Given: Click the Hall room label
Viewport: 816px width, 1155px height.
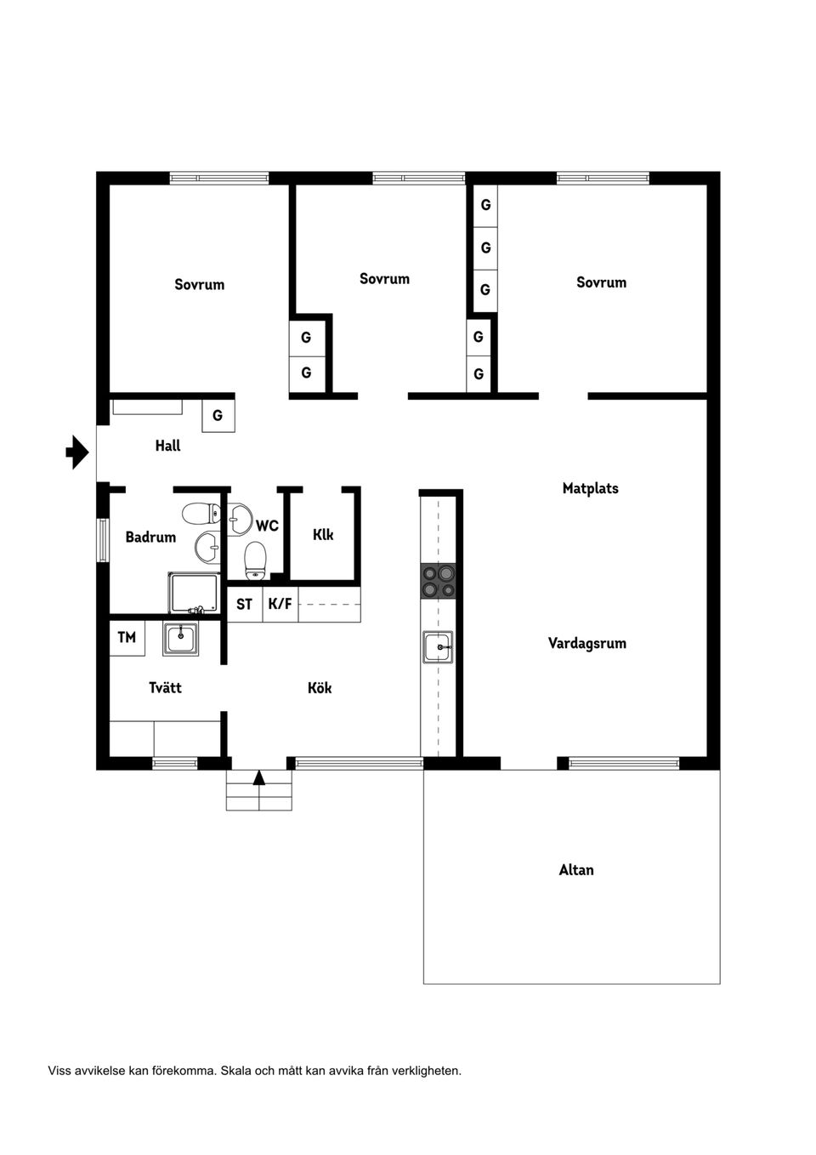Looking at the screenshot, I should (167, 446).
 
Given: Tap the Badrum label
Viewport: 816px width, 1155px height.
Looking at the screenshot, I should (150, 537).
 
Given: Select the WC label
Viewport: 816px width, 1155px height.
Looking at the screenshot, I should (267, 526).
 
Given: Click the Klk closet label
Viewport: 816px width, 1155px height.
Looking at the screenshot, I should (323, 534).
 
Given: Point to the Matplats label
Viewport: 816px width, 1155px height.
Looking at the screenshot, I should (590, 488).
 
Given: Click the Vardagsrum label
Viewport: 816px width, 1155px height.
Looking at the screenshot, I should (586, 643).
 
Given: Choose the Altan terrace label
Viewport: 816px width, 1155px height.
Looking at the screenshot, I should (576, 869).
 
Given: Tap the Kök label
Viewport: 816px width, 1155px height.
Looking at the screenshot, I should (320, 687).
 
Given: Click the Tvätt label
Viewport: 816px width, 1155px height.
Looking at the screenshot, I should (165, 687).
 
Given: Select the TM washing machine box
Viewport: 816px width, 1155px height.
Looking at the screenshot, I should (127, 637).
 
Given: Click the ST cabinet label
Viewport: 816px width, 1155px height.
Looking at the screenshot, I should (244, 604).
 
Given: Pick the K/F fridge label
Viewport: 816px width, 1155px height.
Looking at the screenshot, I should (280, 604).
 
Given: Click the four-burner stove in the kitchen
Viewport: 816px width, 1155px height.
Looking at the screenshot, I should (439, 580).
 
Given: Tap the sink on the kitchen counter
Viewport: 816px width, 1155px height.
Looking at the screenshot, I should (438, 647).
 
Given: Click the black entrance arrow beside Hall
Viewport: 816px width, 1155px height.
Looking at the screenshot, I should (77, 452).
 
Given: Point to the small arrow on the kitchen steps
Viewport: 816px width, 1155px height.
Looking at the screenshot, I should (259, 777).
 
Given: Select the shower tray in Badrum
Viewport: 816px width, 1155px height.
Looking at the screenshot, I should (194, 593).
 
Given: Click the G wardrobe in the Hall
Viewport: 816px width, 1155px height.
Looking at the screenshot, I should (218, 416).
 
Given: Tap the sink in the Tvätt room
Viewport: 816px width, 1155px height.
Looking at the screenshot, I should (180, 638).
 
